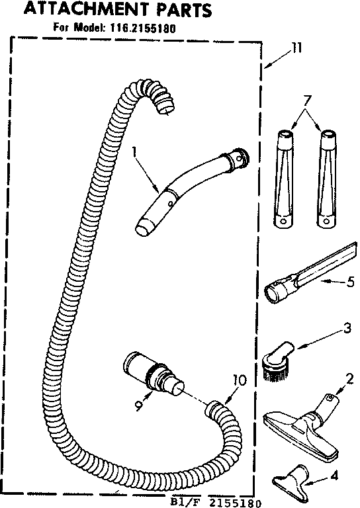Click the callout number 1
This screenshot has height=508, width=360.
(x=135, y=153)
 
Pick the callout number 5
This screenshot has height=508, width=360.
(x=350, y=282)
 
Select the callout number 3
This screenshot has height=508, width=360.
(x=328, y=327)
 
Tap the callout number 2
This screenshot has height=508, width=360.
(x=347, y=378)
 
